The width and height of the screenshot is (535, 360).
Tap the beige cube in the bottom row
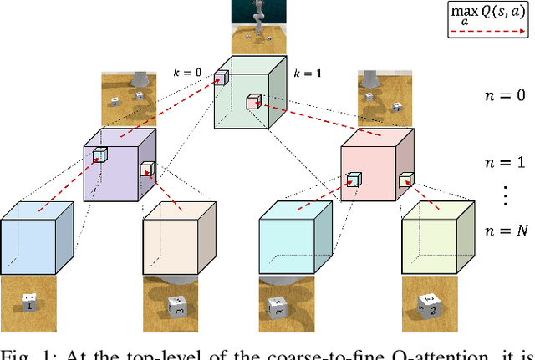[x=175, y=241]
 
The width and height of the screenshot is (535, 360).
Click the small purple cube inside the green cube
[x=221, y=78]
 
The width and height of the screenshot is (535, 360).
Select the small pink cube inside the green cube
[x=253, y=102]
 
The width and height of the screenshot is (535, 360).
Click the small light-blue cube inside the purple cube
[x=100, y=155]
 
